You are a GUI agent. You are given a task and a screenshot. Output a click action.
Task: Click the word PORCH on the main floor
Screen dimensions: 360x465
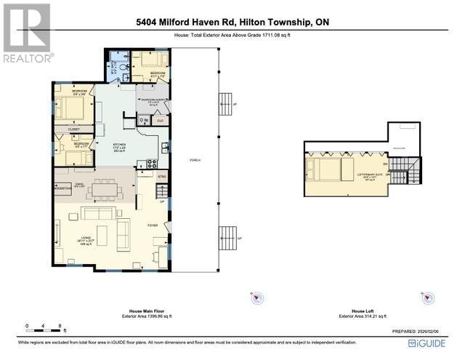tap(195, 159)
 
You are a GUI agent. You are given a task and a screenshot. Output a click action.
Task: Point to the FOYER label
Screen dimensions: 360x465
tap(153, 225)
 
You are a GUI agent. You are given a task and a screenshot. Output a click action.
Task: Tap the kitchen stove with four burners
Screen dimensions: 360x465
tap(153, 164)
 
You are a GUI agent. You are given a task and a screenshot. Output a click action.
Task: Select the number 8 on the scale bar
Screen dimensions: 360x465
tap(60, 325)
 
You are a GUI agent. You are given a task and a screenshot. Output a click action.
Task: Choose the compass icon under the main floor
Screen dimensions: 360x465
tap(256, 297)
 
